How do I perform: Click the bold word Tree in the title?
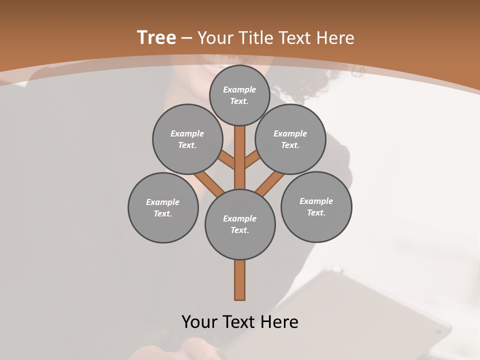coord(156,38)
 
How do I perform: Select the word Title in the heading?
coord(255,38)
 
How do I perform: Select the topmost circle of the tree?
coord(239,95)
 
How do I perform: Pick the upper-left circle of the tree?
coord(187,139)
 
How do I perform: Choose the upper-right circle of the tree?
coord(290,139)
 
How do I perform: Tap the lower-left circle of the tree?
coord(163,207)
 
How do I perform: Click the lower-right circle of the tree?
coord(316,206)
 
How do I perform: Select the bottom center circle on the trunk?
coord(240,224)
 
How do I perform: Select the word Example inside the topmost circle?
coord(239,89)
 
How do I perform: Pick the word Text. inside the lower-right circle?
coord(316,212)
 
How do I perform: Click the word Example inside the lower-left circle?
coord(163,202)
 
